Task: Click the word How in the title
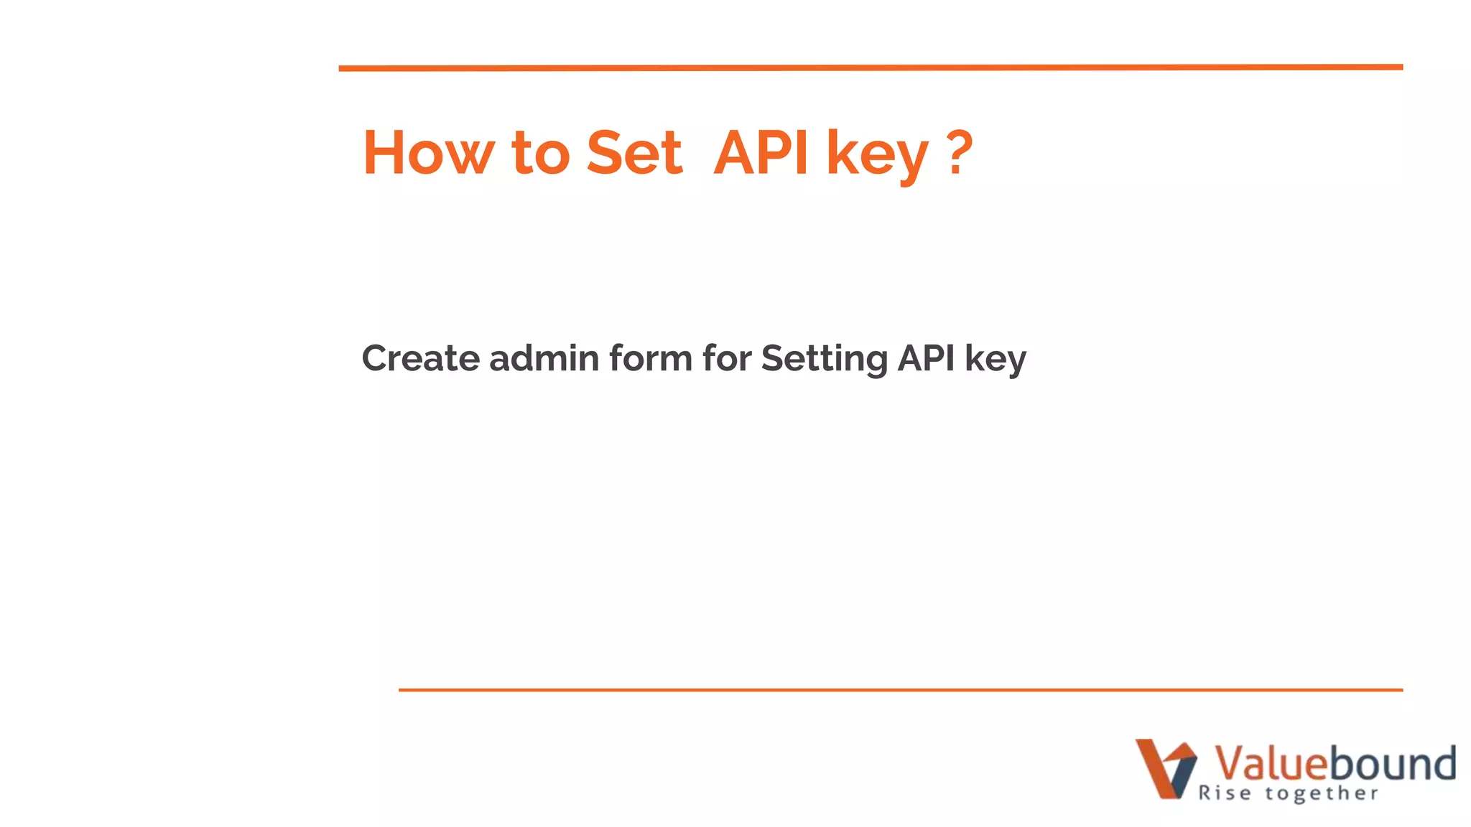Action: [428, 153]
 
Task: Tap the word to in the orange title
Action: [541, 153]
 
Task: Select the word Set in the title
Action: [634, 153]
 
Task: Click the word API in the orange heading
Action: [761, 153]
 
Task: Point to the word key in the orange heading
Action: [878, 156]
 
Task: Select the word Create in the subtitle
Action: [420, 358]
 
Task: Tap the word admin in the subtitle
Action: [544, 358]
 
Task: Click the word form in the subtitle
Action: [651, 358]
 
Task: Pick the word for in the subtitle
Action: [727, 358]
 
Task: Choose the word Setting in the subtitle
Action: [824, 360]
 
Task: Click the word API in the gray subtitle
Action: [927, 358]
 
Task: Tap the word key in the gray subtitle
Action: [996, 361]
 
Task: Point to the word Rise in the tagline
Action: [1225, 793]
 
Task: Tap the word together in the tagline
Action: [1322, 794]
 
